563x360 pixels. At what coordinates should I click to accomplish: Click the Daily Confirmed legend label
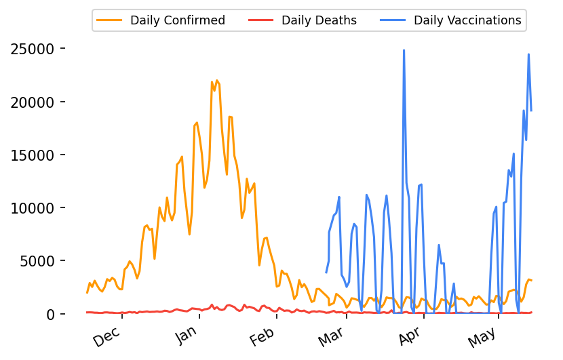[x=177, y=20]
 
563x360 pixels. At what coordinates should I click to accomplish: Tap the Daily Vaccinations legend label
[x=467, y=20]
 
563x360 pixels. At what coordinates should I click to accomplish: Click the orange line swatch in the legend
[x=111, y=20]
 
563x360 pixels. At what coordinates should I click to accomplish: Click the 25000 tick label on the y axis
[x=33, y=49]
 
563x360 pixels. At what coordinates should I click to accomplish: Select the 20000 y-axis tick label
[x=33, y=102]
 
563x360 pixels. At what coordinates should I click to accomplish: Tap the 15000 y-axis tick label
[x=33, y=155]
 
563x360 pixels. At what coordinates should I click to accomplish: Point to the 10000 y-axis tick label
[x=33, y=208]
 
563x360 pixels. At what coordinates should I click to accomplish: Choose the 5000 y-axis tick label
[x=37, y=261]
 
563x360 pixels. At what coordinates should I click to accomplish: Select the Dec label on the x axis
[x=108, y=337]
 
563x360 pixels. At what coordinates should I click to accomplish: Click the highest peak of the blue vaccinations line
[x=404, y=50]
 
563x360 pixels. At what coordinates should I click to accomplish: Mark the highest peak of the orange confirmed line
[x=216, y=80]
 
